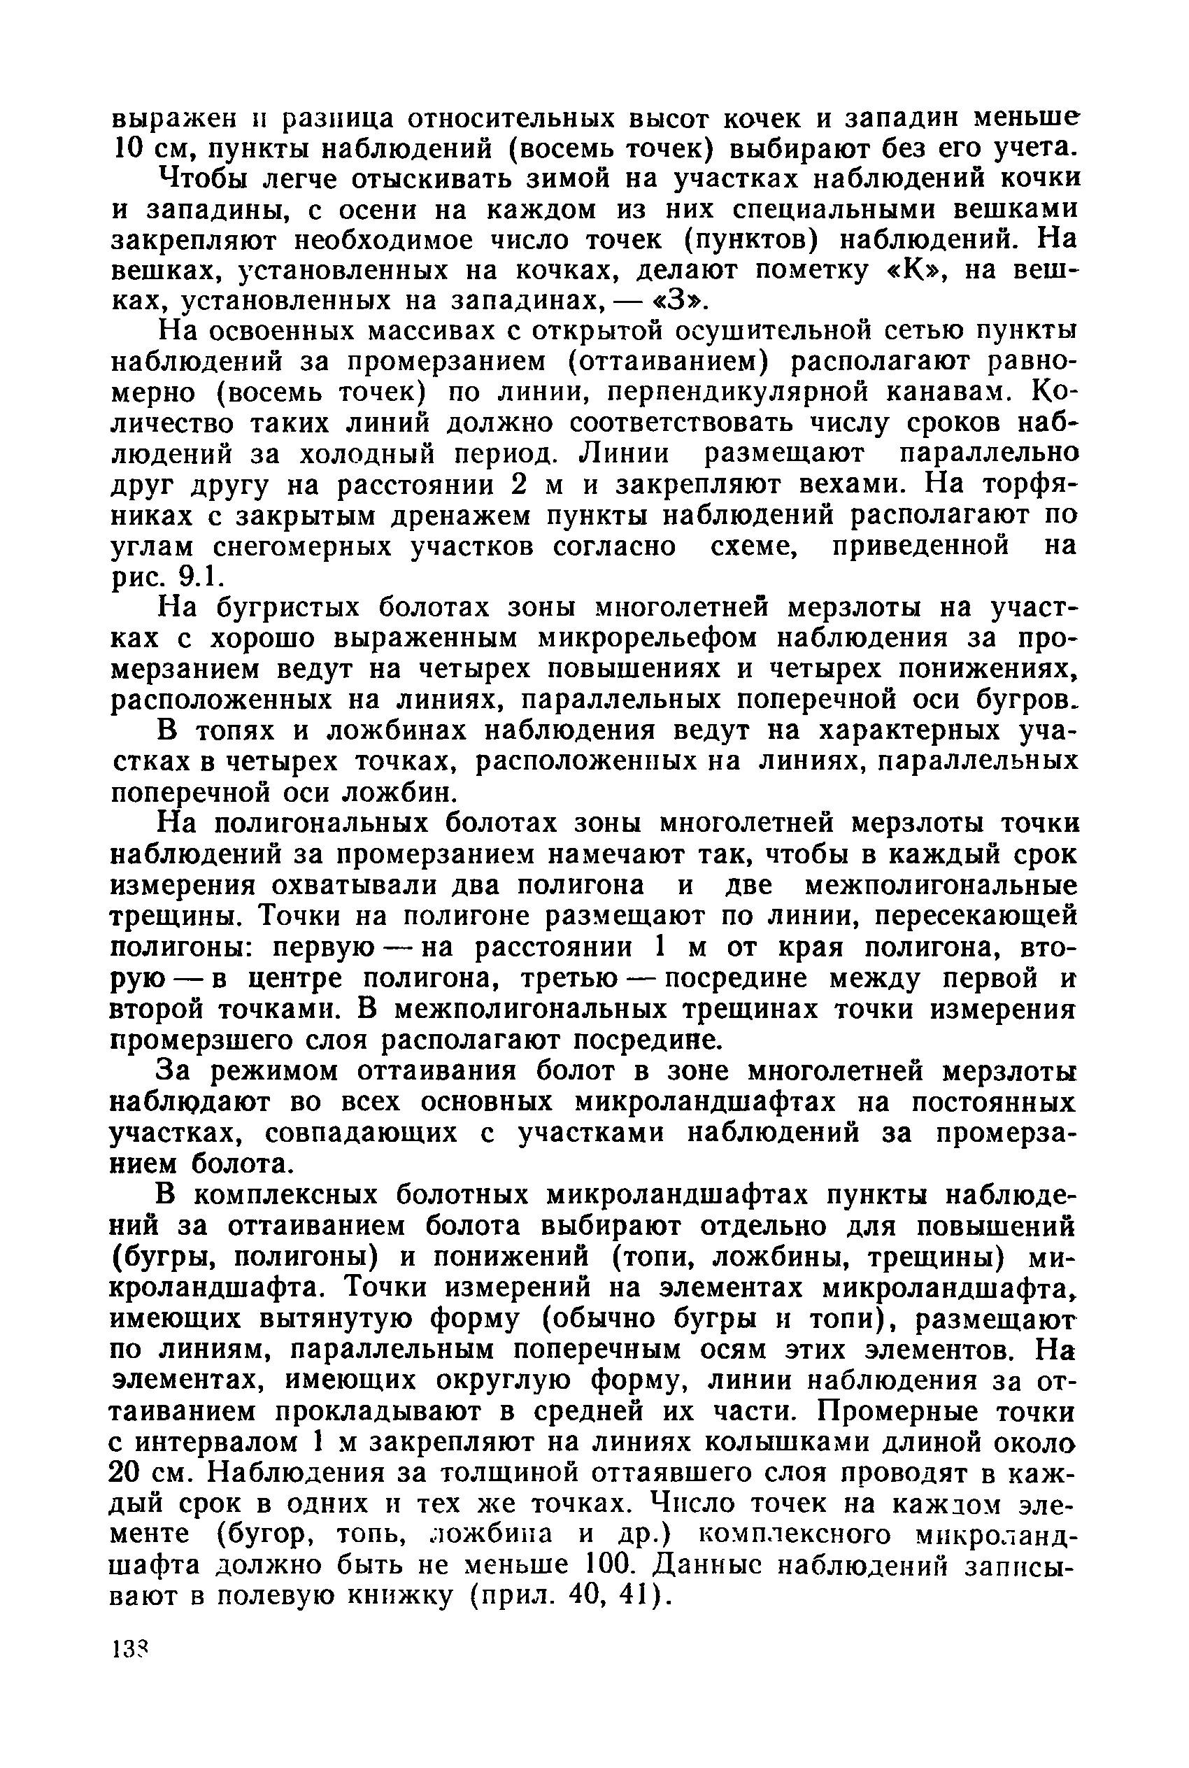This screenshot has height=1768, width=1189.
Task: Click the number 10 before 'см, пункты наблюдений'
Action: coord(125,146)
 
